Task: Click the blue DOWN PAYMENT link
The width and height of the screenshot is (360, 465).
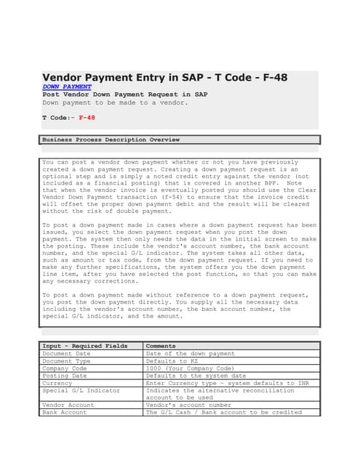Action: [x=67, y=86]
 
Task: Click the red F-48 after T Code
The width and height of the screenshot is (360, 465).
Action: [x=87, y=117]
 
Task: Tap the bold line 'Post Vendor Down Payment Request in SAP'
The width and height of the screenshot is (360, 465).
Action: [x=125, y=94]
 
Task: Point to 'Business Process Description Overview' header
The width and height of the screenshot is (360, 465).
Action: [x=111, y=139]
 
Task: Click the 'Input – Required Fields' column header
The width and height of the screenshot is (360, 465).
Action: [x=84, y=346]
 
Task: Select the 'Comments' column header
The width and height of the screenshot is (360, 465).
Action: [x=161, y=346]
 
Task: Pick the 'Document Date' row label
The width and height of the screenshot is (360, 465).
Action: [x=66, y=353]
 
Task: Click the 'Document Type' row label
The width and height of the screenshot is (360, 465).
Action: [x=66, y=360]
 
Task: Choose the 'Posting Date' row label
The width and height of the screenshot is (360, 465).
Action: [x=64, y=376]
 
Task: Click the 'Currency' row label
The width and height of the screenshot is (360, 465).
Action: [x=57, y=383]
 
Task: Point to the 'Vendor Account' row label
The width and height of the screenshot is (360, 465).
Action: [x=68, y=405]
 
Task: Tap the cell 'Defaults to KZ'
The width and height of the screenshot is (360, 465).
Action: [x=170, y=360]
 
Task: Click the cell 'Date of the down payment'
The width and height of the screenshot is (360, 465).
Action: [x=190, y=353]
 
